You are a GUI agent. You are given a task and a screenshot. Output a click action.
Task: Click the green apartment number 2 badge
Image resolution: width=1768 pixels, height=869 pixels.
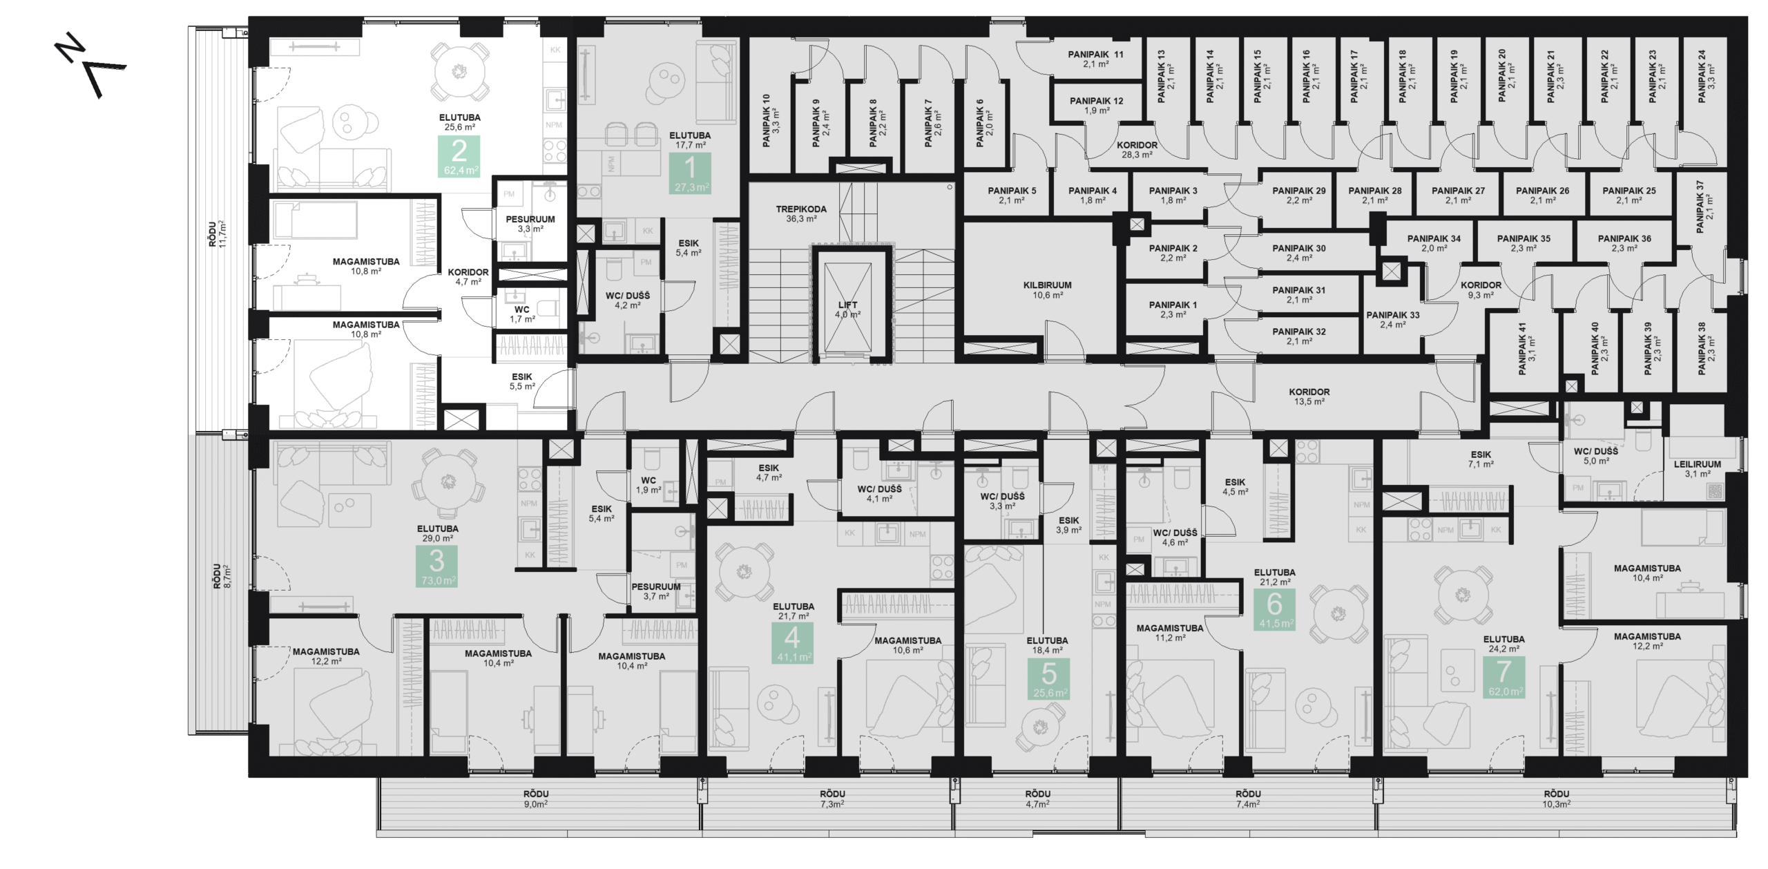click(459, 156)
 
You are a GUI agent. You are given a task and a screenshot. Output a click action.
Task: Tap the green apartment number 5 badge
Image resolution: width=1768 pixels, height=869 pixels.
click(1048, 678)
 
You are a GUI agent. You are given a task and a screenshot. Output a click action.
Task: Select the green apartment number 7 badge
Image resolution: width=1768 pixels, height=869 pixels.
click(1503, 676)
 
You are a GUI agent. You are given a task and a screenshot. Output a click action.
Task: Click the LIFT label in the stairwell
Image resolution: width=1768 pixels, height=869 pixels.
click(847, 309)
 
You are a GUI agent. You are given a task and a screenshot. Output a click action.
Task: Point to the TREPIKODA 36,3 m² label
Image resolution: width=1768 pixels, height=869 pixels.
click(800, 213)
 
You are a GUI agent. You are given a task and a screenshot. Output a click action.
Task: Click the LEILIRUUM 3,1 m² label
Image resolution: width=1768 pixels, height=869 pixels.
click(1697, 468)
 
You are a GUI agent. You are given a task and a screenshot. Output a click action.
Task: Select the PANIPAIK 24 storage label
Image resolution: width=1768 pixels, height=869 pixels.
click(1706, 77)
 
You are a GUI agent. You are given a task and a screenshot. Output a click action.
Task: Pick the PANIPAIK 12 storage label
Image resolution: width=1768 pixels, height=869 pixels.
click(1096, 105)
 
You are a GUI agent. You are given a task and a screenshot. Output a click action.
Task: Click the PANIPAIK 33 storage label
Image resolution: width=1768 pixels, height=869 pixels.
click(1392, 319)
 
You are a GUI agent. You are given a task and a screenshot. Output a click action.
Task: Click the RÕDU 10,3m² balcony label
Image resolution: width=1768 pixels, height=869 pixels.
click(1556, 799)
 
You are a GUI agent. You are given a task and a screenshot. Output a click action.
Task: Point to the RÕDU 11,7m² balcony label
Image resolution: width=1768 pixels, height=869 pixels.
click(218, 234)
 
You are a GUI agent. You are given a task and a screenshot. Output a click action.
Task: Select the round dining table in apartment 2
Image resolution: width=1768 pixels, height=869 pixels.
click(459, 71)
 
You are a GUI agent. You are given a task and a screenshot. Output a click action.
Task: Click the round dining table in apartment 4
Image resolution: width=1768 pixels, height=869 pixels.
click(744, 571)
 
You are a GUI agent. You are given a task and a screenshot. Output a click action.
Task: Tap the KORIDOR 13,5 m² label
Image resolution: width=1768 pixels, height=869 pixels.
click(1309, 396)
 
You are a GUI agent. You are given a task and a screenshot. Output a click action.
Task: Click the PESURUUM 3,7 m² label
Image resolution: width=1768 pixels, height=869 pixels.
click(655, 591)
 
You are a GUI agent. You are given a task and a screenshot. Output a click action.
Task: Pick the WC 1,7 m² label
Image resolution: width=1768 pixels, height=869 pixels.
click(521, 314)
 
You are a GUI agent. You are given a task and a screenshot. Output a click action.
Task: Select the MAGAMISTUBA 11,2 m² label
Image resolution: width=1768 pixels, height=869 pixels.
click(1169, 633)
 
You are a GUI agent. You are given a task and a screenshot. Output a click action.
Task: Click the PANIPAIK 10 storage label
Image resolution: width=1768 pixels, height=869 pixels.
click(770, 120)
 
